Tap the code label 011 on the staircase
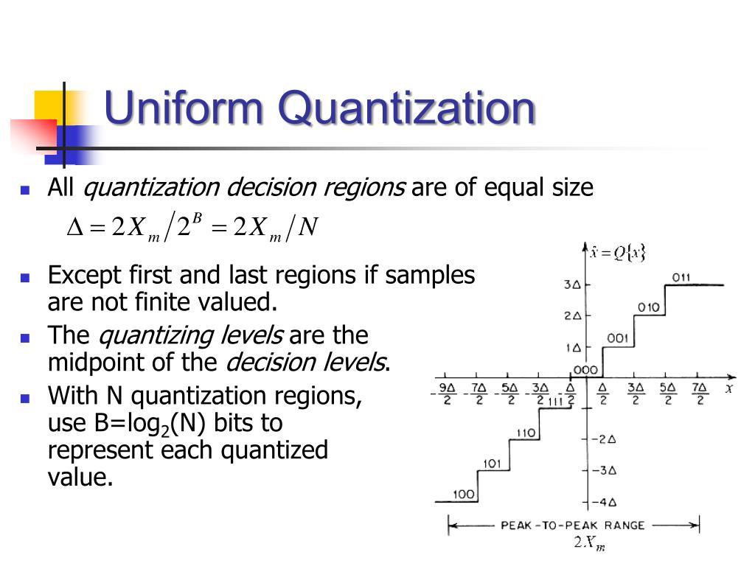[x=681, y=278]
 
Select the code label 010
[x=649, y=307]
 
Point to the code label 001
[x=618, y=338]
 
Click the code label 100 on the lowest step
[x=464, y=494]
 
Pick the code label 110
[x=525, y=433]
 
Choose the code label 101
[x=493, y=464]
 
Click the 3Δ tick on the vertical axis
[x=573, y=284]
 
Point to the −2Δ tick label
[x=604, y=439]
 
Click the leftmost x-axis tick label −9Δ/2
[x=446, y=394]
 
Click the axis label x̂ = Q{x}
[x=617, y=253]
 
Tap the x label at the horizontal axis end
[x=729, y=388]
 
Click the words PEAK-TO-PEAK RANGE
[x=572, y=525]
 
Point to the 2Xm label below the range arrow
[x=589, y=544]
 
